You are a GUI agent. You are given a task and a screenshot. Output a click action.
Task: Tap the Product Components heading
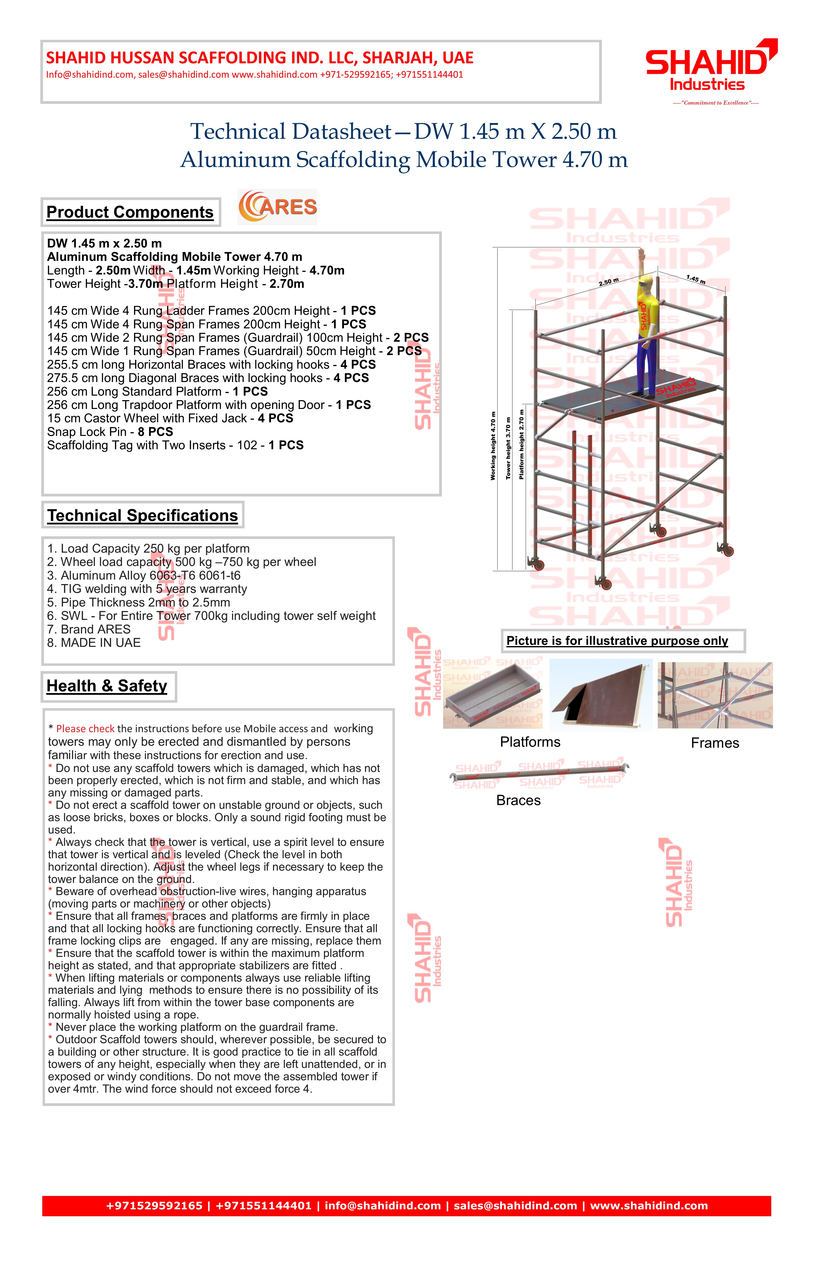pos(130,212)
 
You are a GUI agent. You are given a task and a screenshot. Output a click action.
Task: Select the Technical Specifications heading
pos(142,516)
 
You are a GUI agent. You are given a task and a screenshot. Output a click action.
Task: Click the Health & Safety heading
pos(107,686)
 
